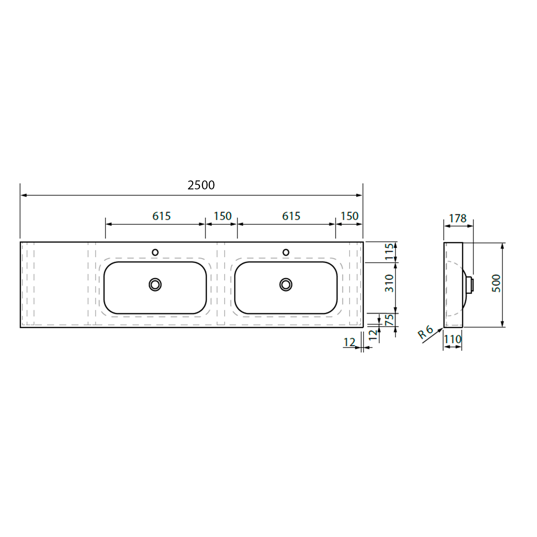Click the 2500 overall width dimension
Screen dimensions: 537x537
(201, 185)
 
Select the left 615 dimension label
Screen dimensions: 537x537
(161, 216)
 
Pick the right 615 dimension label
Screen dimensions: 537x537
(291, 216)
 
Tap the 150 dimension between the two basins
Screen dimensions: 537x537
(223, 216)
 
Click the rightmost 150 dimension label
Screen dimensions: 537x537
(349, 216)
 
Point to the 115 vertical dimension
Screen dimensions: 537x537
(389, 252)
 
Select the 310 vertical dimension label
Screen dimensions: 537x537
(389, 283)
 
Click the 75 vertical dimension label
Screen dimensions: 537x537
(389, 320)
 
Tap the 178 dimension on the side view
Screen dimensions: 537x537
(458, 218)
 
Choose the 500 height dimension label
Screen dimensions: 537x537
(496, 283)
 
